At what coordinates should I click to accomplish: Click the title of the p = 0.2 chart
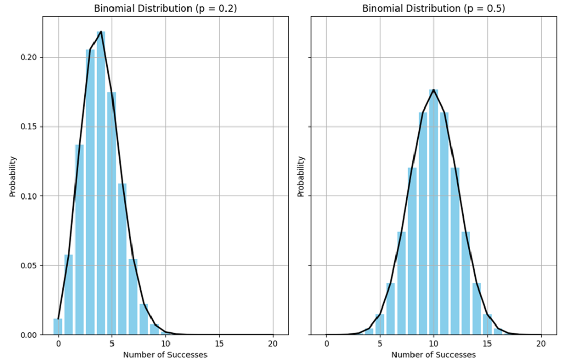[x=165, y=9]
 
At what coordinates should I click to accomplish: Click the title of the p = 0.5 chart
[x=434, y=9]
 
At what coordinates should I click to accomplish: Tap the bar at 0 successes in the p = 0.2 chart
[x=58, y=327]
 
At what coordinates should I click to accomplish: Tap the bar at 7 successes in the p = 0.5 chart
[x=402, y=283]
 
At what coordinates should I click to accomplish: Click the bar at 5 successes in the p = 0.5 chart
[x=380, y=324]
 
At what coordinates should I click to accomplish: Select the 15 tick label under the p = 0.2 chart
[x=219, y=344]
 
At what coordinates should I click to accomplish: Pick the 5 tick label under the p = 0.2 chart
[x=112, y=344]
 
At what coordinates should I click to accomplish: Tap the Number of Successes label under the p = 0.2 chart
[x=165, y=354]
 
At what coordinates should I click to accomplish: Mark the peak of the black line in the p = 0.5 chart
[x=434, y=90]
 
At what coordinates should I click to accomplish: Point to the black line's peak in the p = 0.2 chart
[x=101, y=32]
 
